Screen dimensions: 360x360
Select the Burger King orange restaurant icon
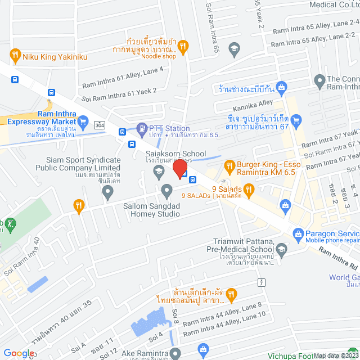click(x=229, y=166)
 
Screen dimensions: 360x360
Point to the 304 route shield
click(x=99, y=124)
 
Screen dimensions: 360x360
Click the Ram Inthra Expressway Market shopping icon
click(x=83, y=121)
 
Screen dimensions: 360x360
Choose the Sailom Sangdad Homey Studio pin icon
click(x=166, y=191)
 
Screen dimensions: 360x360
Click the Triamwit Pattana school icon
click(x=282, y=249)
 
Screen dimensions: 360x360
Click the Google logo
click(x=19, y=353)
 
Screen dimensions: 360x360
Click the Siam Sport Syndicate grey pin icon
click(x=107, y=193)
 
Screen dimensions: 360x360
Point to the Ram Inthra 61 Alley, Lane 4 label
click(x=123, y=78)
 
